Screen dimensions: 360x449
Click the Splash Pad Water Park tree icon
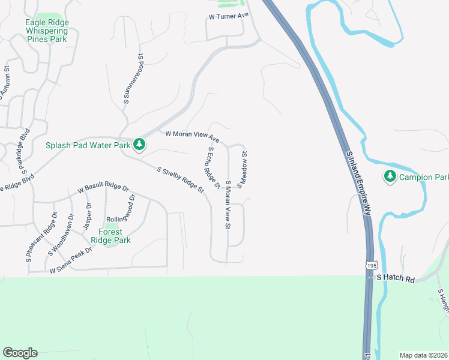(x=139, y=145)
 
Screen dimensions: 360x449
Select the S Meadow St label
(x=244, y=170)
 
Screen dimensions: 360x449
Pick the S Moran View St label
(x=228, y=204)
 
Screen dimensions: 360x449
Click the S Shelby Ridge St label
(x=180, y=179)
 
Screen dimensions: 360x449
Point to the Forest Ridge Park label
(x=110, y=236)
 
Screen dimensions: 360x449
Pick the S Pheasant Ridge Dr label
(x=40, y=237)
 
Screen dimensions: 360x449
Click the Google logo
(x=20, y=353)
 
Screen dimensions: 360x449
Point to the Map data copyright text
(x=423, y=355)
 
